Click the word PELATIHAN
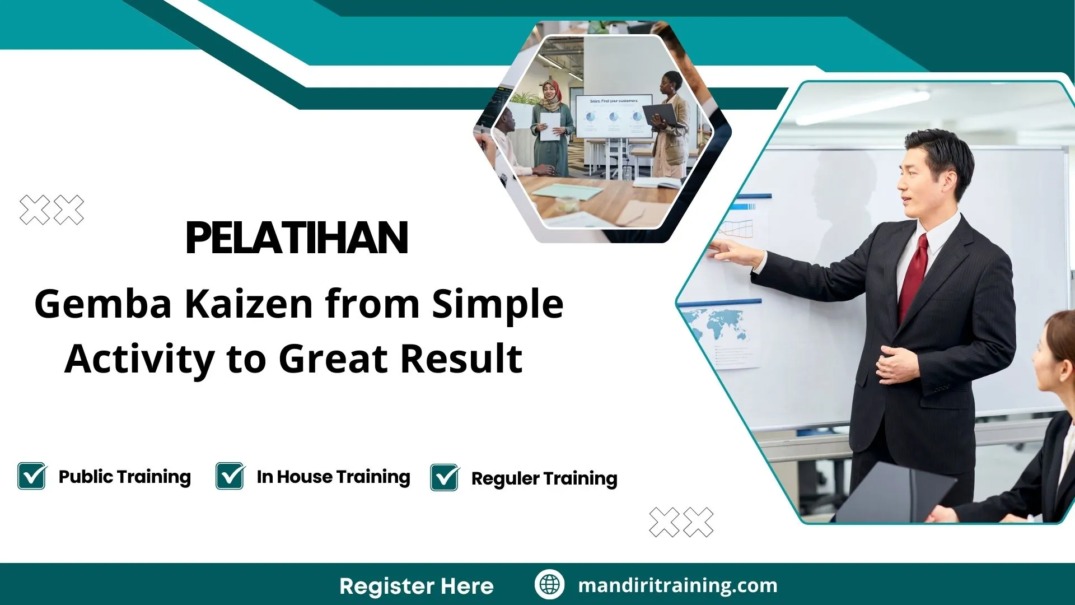point(297,238)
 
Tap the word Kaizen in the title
point(249,304)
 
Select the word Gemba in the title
point(103,304)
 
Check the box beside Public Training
point(32,476)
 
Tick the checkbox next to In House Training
point(230,476)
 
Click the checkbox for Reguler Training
point(445,478)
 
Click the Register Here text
point(416,586)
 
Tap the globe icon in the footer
point(549,585)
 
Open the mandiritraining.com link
point(677,585)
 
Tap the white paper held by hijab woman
point(550,126)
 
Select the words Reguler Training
point(544,478)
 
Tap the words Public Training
point(124,477)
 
